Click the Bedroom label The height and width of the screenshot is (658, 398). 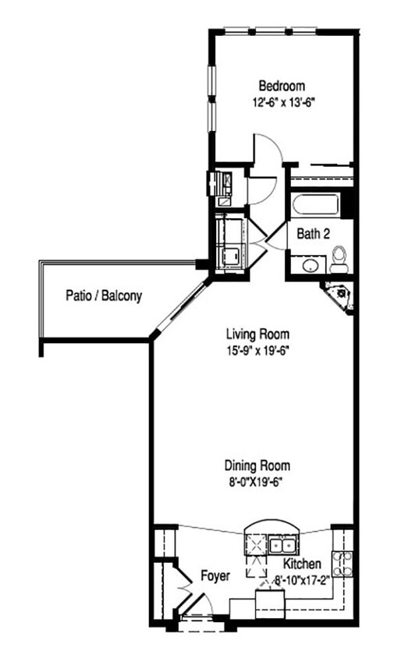coord(282,86)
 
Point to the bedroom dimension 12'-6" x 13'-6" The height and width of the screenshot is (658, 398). coord(282,101)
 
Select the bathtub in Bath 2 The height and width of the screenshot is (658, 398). coord(315,206)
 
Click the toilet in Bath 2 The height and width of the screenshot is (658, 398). coord(339,260)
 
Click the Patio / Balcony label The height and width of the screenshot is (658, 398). coord(103,296)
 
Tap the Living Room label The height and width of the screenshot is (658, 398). coord(254,336)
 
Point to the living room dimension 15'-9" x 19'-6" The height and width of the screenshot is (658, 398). coord(254,352)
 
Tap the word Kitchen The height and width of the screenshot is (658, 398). coord(301,564)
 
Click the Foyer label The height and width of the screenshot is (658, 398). coord(215,576)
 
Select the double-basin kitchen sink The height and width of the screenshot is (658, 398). coord(281,543)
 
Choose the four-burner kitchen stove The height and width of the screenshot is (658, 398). coord(342,562)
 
